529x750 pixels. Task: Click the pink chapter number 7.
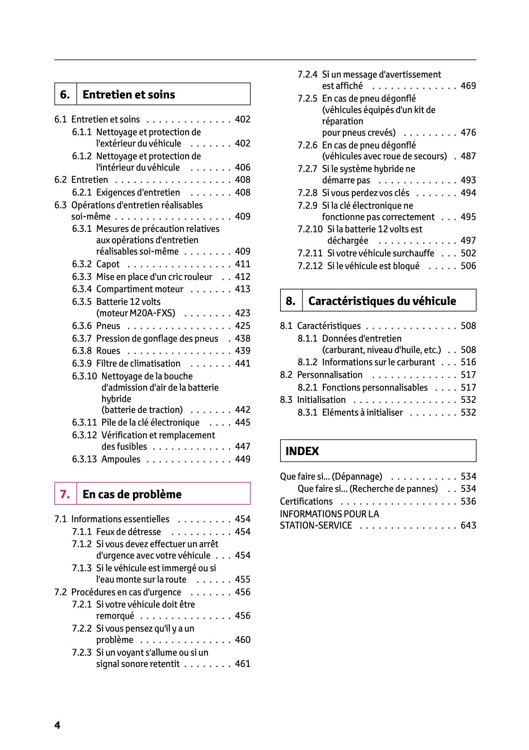click(x=65, y=494)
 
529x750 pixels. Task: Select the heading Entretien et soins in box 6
click(x=129, y=94)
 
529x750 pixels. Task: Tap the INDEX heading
click(x=302, y=451)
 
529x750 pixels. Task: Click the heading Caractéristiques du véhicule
click(x=382, y=301)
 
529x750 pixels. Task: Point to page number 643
click(x=468, y=525)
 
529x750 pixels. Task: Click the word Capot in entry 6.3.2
click(x=108, y=264)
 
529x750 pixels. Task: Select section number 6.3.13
click(x=84, y=459)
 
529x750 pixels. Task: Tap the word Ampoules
click(x=121, y=459)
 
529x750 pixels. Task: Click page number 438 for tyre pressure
click(x=242, y=338)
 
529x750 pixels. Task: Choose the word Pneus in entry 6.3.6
click(x=108, y=326)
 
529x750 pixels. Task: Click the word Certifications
click(x=306, y=501)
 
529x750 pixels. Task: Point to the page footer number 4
click(x=57, y=725)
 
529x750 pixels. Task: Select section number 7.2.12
click(x=310, y=266)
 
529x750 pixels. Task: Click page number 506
click(x=468, y=266)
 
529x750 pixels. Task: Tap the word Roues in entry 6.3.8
click(x=108, y=351)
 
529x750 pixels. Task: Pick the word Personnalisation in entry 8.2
click(x=330, y=375)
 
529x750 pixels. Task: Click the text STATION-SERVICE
click(x=316, y=525)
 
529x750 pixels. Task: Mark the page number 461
click(x=242, y=664)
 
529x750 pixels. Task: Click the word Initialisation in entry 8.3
click(x=321, y=400)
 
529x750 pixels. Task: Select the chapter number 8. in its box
click(x=291, y=301)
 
